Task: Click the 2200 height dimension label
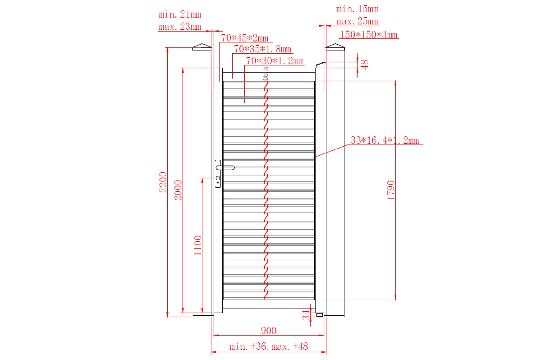pos(163,182)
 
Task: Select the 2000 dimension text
pos(178,190)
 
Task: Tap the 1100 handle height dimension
pos(198,245)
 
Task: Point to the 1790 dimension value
pos(391,190)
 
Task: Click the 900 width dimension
pos(268,331)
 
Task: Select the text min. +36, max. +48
pos(268,346)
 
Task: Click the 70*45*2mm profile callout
pos(245,38)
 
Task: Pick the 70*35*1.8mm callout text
pos(263,49)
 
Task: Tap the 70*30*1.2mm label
pos(275,61)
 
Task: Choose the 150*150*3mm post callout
pos(369,35)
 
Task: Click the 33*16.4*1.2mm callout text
pos(384,140)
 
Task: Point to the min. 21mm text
pos(180,15)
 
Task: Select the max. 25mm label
pos(357,22)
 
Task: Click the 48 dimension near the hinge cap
pos(365,64)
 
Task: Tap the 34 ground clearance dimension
pos(306,315)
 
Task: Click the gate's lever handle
pos(226,168)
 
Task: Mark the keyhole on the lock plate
pos(218,179)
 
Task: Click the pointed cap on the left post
pos(202,47)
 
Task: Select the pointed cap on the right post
pos(335,47)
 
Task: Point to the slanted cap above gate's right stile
pos(321,64)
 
